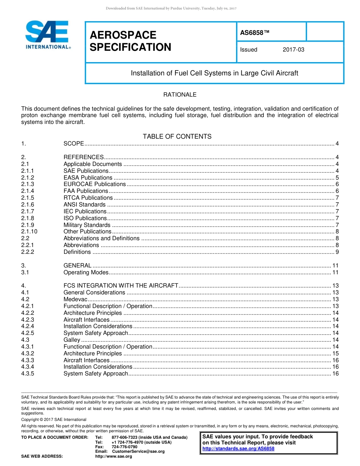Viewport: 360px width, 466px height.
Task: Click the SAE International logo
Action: click(48, 35)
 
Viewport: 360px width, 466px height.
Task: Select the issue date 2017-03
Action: click(293, 50)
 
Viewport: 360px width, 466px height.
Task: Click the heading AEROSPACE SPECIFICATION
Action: click(130, 41)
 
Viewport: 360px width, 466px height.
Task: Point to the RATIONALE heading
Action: click(180, 95)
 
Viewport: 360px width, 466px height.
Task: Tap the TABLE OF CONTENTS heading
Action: click(177, 136)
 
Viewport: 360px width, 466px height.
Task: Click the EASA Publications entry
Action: click(88, 178)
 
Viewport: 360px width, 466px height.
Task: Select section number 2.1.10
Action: click(29, 231)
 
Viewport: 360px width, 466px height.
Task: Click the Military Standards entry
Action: click(87, 225)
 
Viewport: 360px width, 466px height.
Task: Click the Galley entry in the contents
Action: click(72, 340)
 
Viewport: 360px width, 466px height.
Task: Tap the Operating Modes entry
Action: click(86, 272)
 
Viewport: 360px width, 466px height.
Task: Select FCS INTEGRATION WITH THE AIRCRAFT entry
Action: click(121, 286)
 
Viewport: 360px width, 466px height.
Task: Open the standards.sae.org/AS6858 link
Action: click(238, 449)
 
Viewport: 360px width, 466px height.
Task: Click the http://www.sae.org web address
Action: click(113, 456)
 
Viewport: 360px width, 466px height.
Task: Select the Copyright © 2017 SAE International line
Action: click(54, 419)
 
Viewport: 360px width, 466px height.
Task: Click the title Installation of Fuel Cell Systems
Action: click(214, 73)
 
